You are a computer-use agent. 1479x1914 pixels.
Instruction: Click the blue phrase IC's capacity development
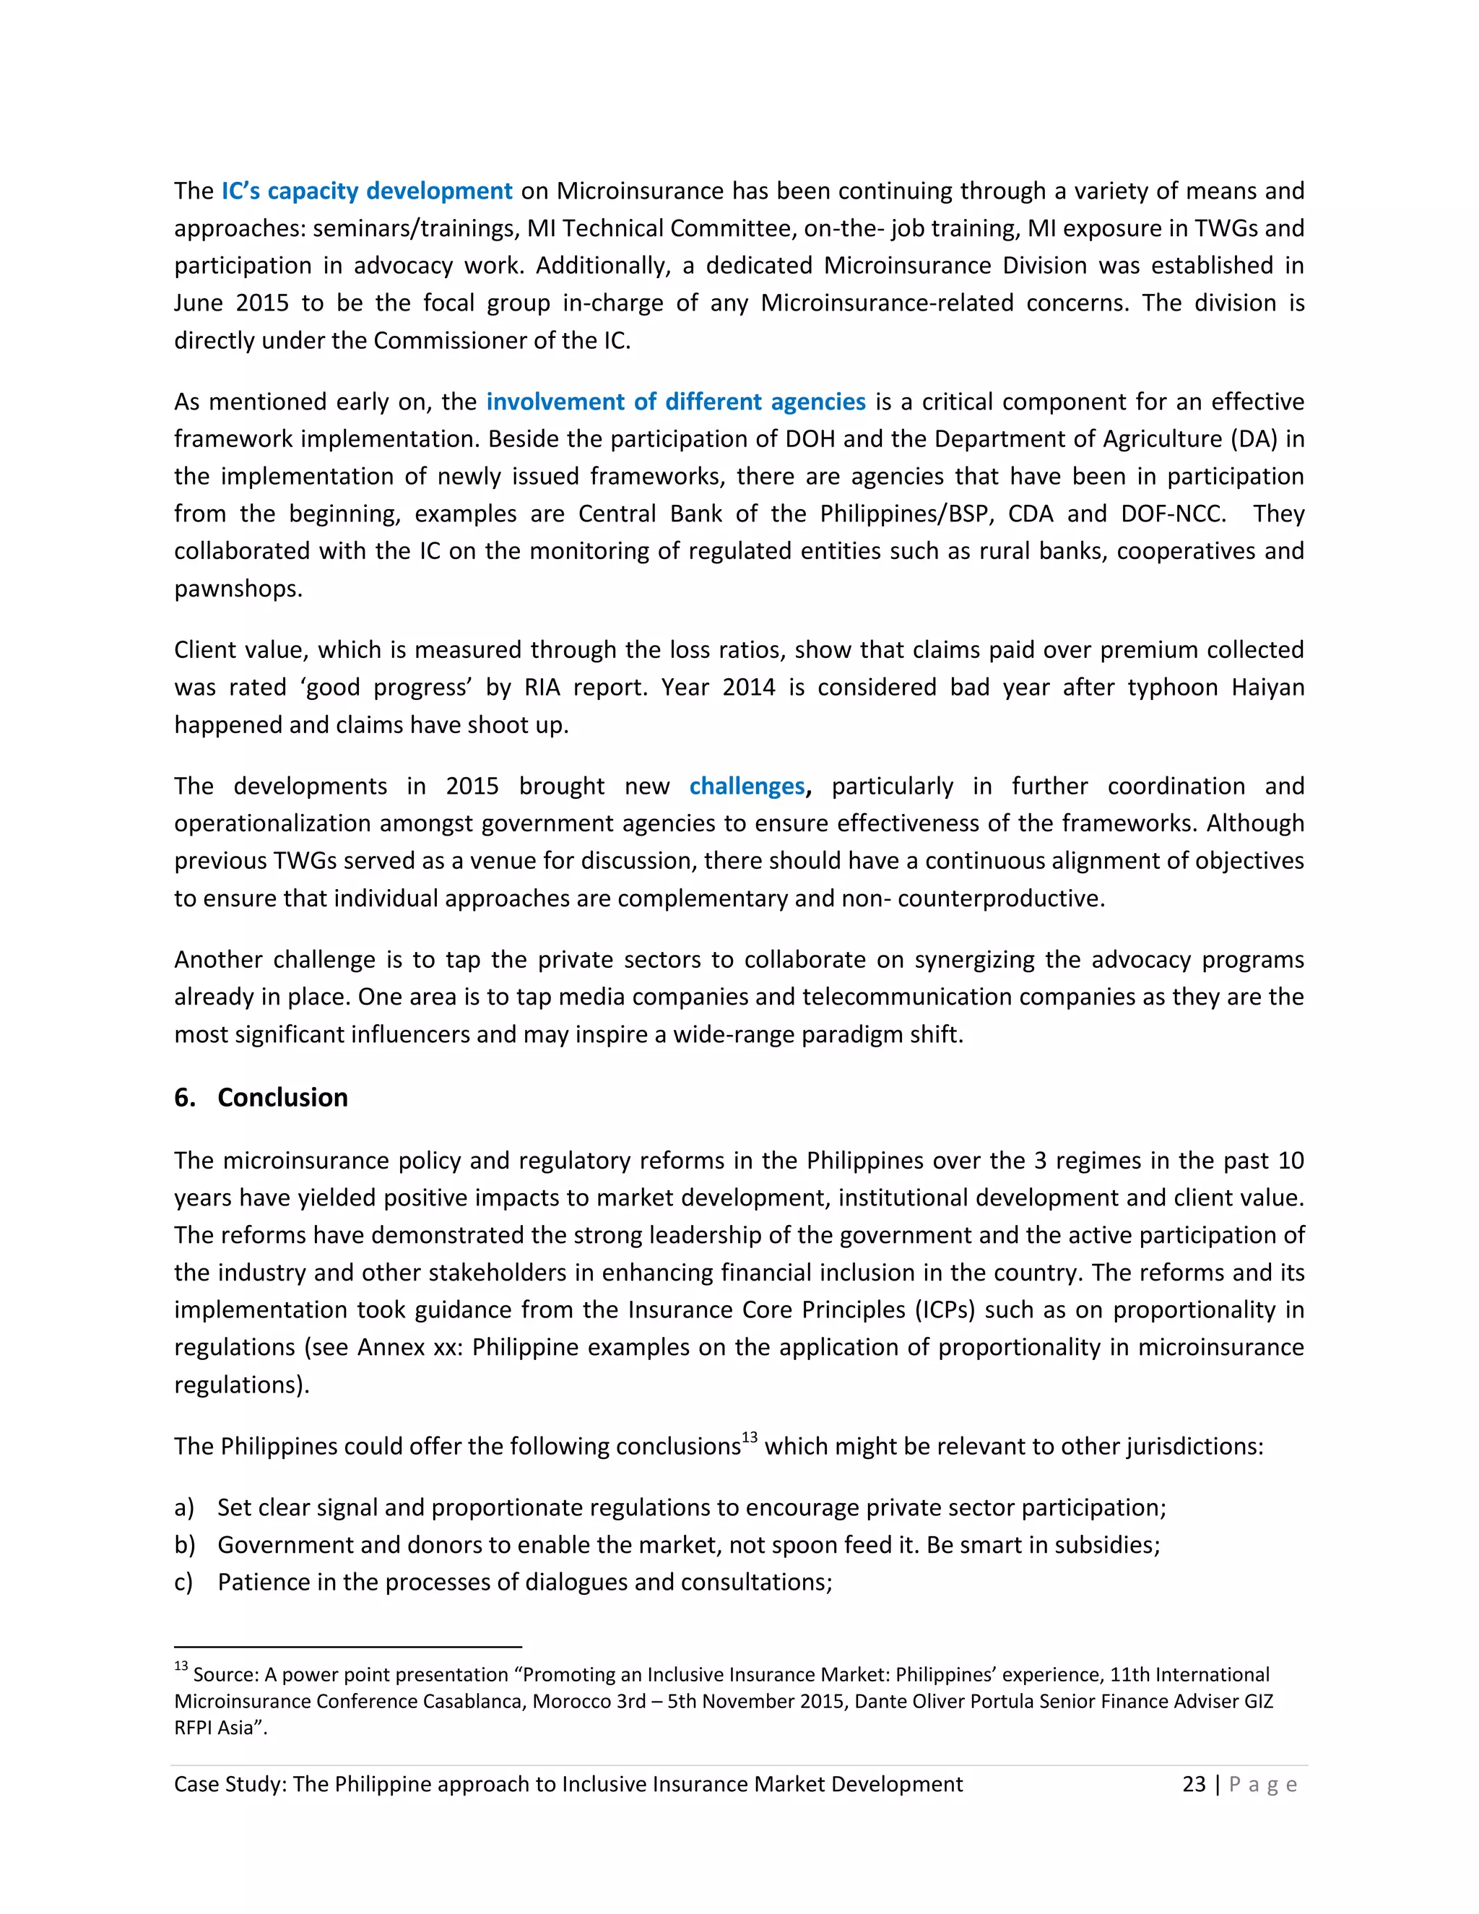point(366,191)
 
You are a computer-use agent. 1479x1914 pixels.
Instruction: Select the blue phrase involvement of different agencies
point(675,402)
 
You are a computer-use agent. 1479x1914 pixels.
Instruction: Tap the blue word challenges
point(747,786)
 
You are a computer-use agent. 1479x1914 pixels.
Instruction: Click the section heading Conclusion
point(282,1097)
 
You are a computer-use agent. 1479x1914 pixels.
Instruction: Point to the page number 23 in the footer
point(1193,1784)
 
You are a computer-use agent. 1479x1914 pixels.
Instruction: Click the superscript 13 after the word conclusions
point(749,1437)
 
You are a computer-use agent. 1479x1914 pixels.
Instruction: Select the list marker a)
point(183,1507)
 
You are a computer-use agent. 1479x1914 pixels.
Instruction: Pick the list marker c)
point(183,1582)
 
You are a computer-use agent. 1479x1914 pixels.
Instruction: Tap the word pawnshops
point(238,588)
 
